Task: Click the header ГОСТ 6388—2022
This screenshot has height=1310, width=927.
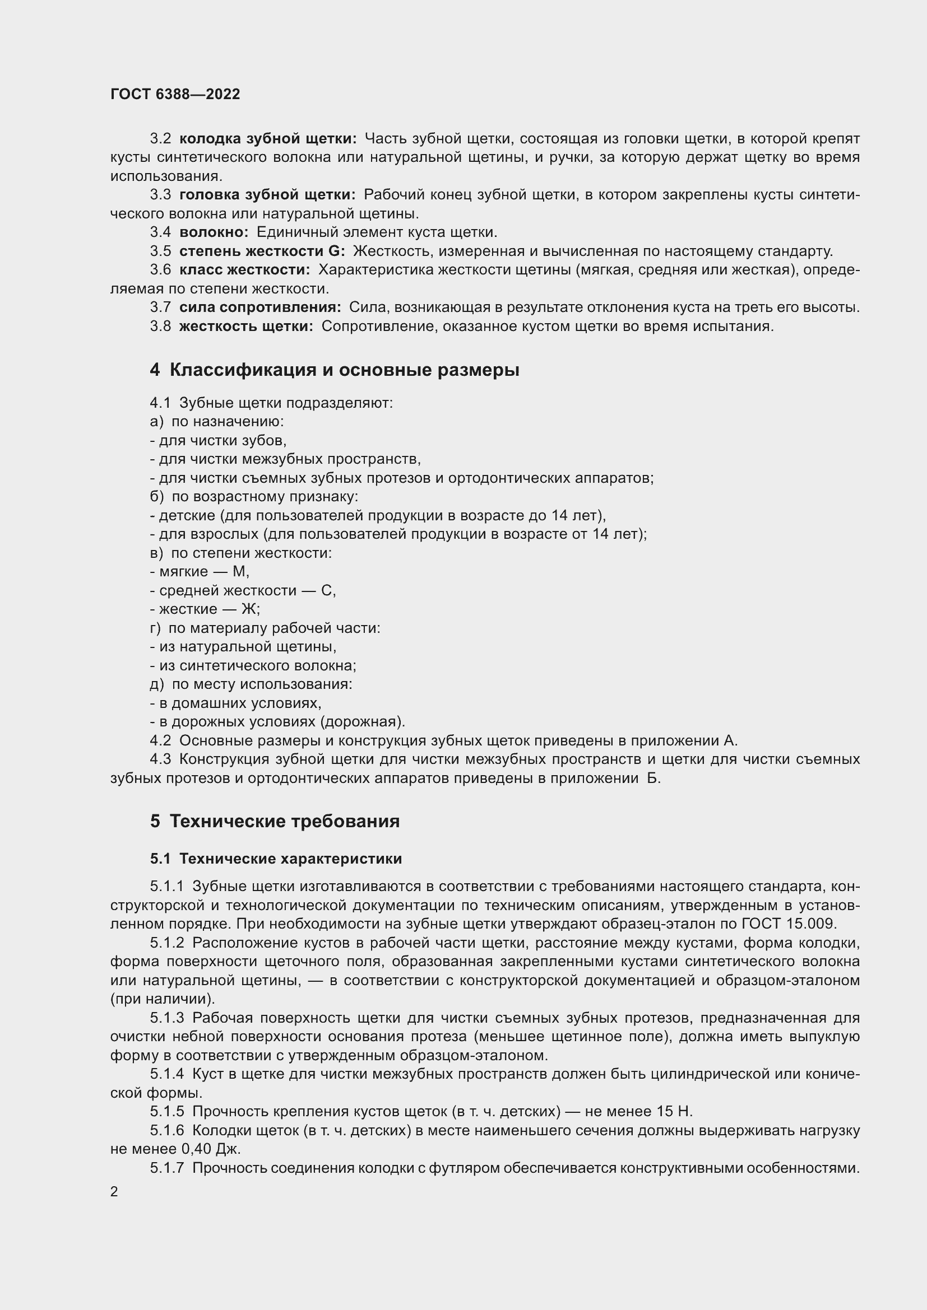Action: coord(175,94)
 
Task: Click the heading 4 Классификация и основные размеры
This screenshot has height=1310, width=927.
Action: coord(335,370)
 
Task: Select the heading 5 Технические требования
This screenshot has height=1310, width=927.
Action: coord(275,821)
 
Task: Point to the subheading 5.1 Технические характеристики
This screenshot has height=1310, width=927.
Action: coord(276,858)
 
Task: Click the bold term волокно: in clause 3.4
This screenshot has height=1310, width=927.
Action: coord(214,232)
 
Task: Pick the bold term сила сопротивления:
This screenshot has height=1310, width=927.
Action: coord(259,307)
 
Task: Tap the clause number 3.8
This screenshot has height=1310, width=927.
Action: coord(160,327)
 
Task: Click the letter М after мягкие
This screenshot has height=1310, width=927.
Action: coord(239,572)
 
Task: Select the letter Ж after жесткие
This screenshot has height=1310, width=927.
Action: coord(249,609)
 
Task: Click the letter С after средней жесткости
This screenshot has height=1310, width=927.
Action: coord(327,590)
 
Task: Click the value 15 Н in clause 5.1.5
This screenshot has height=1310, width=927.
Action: coord(674,1111)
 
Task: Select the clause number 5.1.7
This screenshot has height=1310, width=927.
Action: coord(166,1168)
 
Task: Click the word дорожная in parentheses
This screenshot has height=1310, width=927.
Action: coord(363,722)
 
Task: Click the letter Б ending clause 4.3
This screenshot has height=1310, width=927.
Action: coord(653,778)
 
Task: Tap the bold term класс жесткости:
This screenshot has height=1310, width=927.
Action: coord(244,270)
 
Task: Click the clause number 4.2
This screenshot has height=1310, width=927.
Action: coord(160,740)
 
